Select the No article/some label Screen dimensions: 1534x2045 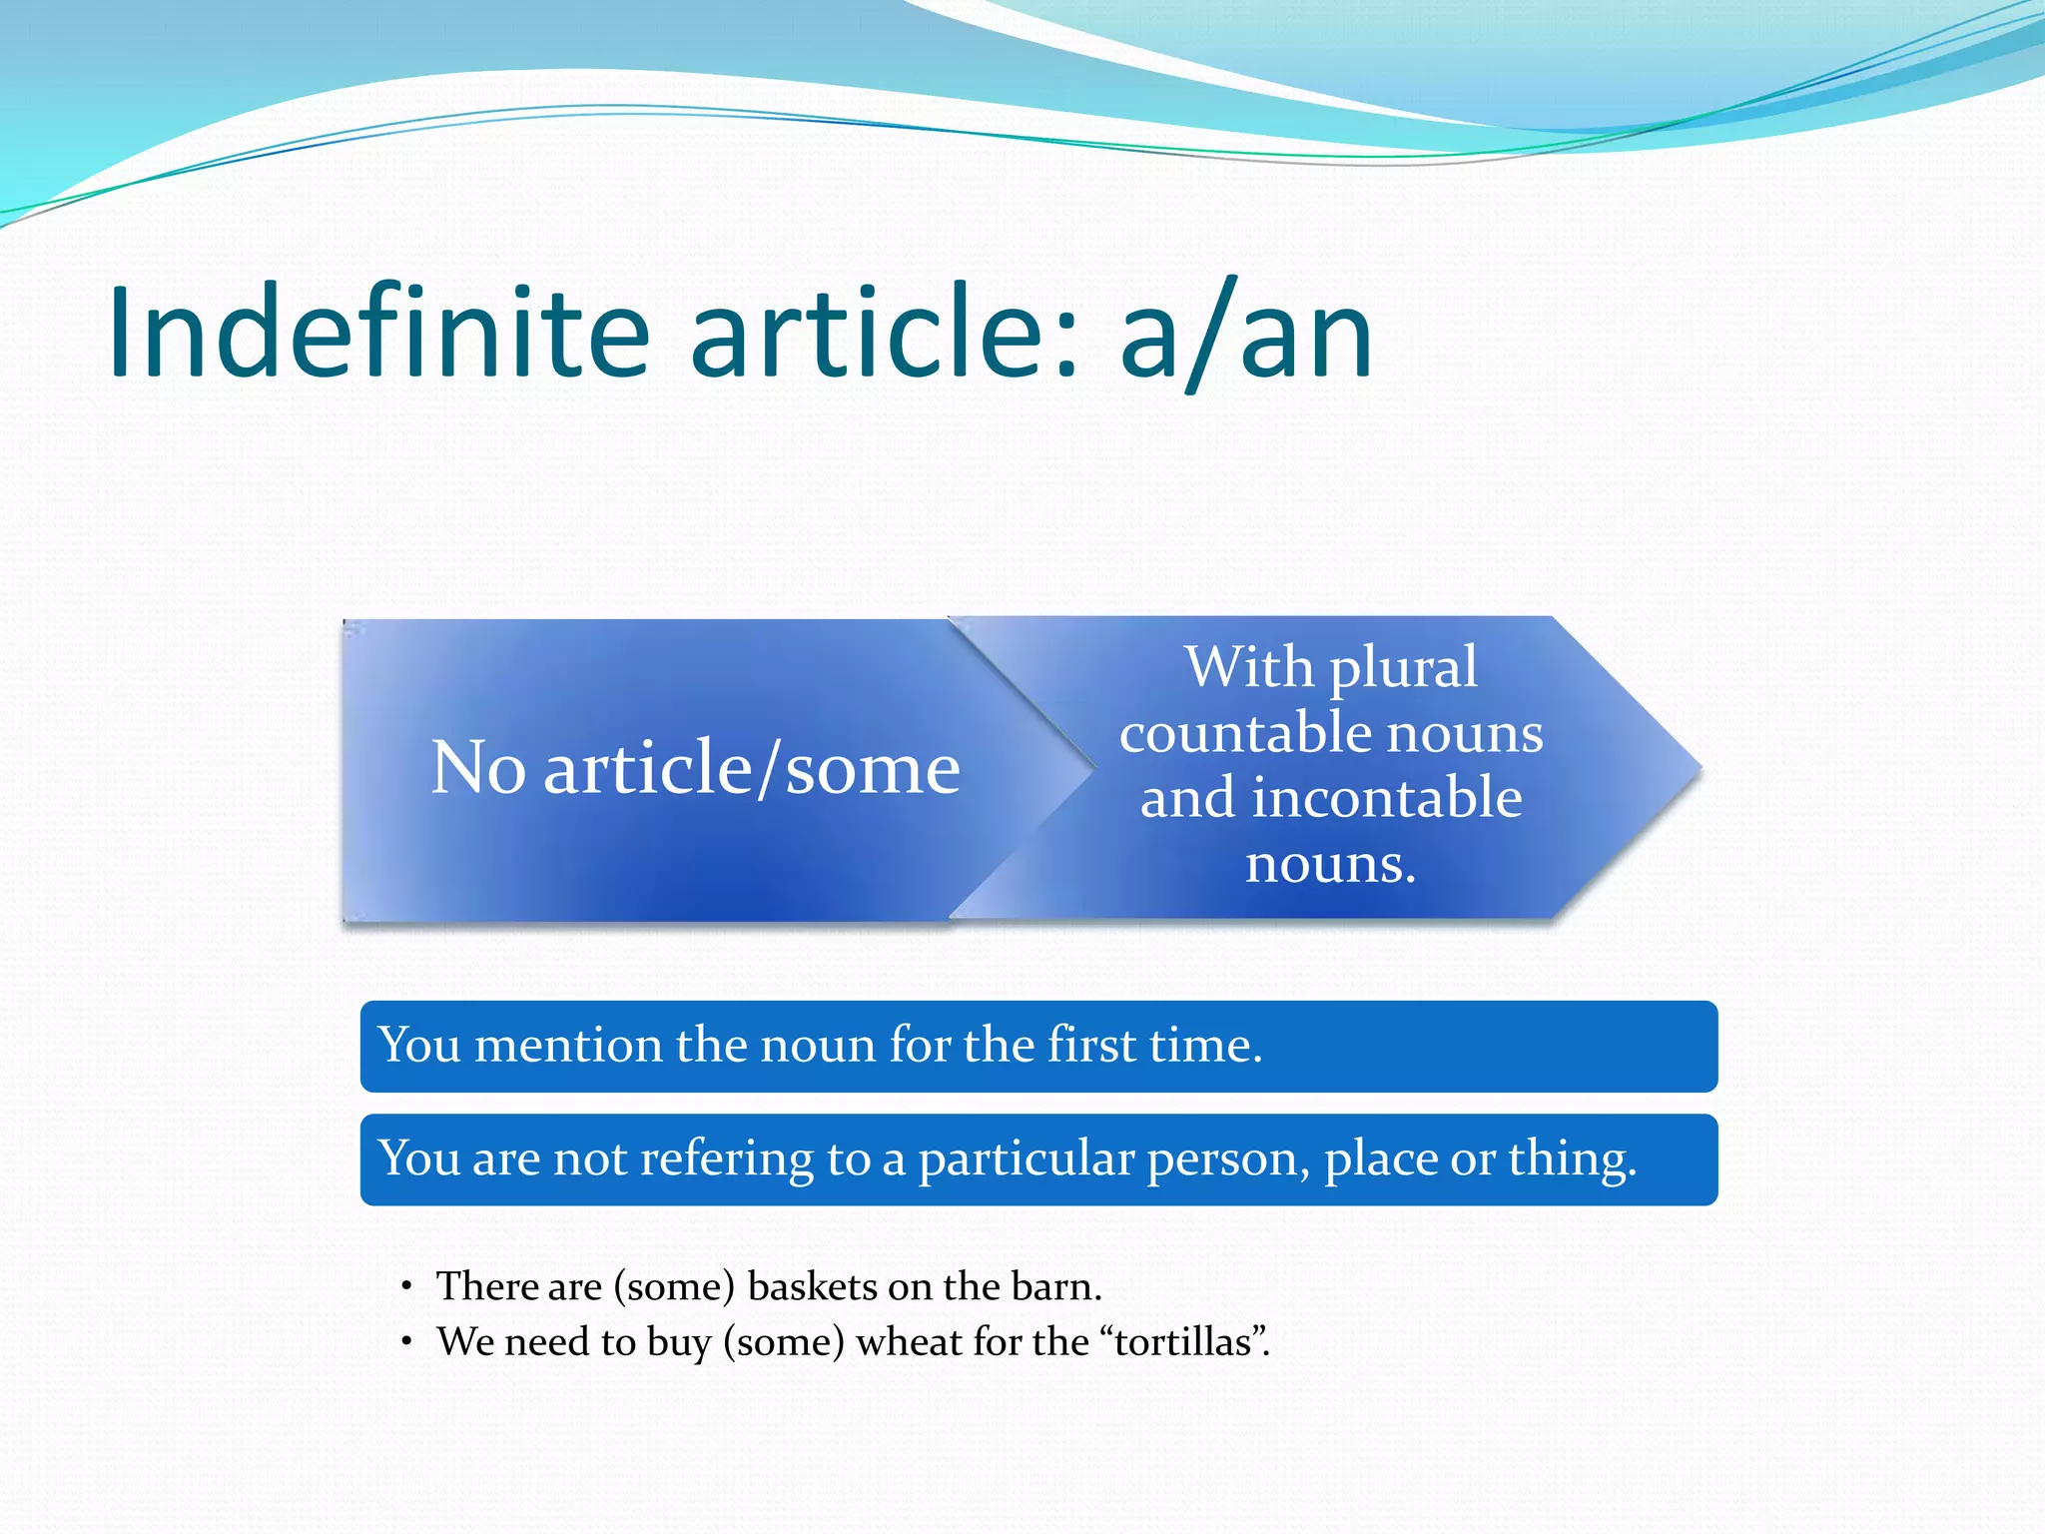695,768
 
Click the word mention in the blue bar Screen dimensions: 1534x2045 568,1046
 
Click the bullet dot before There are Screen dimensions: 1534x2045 406,1286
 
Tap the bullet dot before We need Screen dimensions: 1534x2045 406,1341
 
